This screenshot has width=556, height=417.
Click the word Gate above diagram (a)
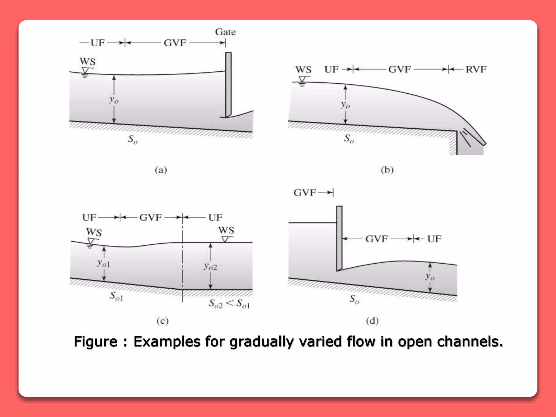[x=225, y=32]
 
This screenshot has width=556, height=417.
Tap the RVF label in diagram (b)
[x=476, y=69]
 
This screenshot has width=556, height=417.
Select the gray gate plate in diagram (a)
[x=228, y=84]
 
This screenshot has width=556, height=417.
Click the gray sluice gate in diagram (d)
[x=339, y=238]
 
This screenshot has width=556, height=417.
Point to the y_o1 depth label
[x=103, y=263]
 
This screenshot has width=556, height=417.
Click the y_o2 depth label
[x=210, y=266]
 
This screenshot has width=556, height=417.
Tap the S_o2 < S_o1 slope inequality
[x=229, y=304]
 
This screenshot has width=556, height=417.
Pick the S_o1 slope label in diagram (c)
[x=116, y=296]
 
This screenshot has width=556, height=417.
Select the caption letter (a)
[x=161, y=170]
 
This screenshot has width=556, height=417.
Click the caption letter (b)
[x=387, y=170]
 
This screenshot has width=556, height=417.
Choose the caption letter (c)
[x=162, y=321]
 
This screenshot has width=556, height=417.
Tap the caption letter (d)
[x=372, y=321]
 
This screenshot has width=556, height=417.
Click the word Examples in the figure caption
[x=167, y=342]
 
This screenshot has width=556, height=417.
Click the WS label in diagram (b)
[x=303, y=70]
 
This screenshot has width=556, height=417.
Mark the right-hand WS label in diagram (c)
[x=226, y=230]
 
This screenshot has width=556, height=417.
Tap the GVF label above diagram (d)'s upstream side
[x=305, y=193]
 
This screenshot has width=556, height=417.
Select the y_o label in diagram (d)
[x=430, y=276]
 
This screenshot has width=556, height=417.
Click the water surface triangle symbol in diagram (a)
[x=85, y=71]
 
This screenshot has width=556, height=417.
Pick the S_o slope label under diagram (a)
[x=133, y=139]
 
